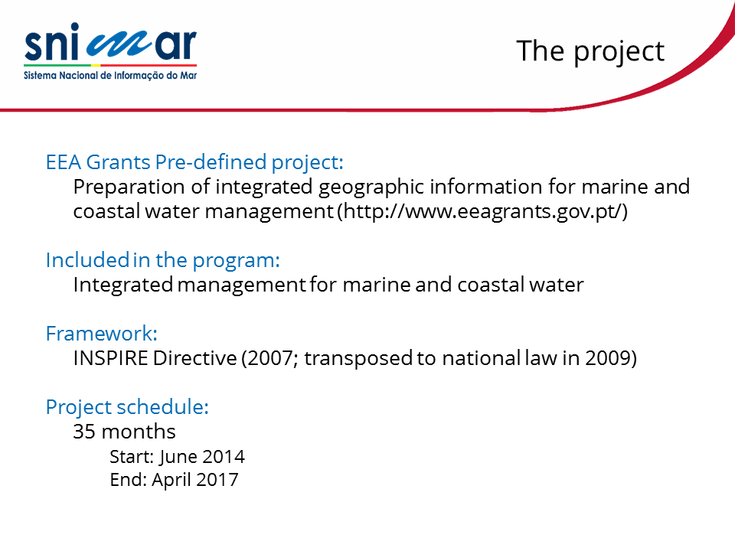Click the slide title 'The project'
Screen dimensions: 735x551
[590, 51]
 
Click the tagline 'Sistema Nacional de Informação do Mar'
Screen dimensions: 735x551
[110, 76]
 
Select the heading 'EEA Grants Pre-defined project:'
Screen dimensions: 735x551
[194, 162]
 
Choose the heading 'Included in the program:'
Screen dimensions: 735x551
[162, 260]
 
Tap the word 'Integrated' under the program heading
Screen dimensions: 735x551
[123, 285]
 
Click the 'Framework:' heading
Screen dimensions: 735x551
[101, 334]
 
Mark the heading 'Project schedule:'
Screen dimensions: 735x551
[127, 407]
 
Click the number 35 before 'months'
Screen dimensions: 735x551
[84, 432]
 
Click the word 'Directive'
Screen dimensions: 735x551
[195, 358]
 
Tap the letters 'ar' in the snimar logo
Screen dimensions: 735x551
[176, 45]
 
